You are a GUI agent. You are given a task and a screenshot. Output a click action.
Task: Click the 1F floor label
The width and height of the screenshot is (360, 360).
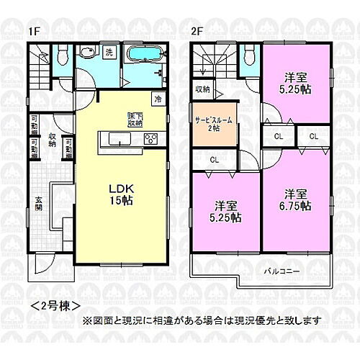tap(34, 32)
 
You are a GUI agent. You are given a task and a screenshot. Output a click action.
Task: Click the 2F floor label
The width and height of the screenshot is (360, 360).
tap(197, 32)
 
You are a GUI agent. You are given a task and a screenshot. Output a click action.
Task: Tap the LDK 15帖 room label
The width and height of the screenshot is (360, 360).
tap(120, 195)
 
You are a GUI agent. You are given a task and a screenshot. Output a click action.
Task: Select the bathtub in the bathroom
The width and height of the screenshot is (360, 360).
tap(145, 55)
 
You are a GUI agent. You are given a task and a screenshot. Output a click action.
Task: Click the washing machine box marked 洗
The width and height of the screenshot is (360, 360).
tap(109, 52)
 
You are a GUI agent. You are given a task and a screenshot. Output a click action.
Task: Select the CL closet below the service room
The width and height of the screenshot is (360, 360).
tap(215, 160)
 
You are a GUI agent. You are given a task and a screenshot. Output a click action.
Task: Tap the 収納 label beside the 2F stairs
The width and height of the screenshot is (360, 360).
tap(202, 90)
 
